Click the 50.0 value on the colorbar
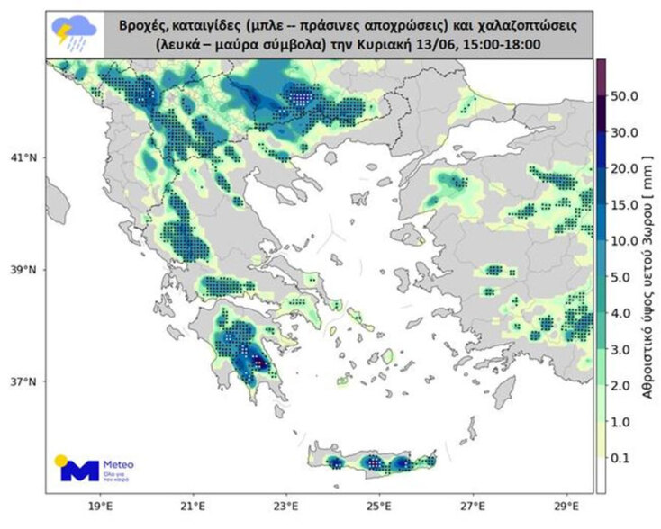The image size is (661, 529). (623, 94)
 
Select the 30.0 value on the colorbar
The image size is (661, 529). (623, 132)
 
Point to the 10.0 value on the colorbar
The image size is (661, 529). (623, 242)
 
